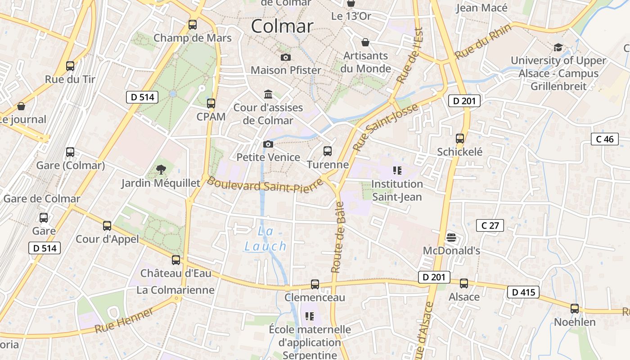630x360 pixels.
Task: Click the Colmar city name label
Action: (282, 26)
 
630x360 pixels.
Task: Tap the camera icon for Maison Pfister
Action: (285, 57)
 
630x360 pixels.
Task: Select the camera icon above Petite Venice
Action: (268, 144)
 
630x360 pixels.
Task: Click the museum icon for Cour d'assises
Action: (268, 94)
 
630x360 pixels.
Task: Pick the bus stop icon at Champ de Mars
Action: (193, 25)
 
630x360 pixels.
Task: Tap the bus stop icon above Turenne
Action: (328, 151)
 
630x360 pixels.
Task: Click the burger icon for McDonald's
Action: (451, 237)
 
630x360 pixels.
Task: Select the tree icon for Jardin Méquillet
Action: (161, 170)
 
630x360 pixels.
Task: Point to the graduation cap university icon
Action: (558, 47)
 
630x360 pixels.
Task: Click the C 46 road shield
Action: (605, 139)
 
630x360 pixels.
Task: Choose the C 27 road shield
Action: (490, 225)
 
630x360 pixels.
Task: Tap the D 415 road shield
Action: (523, 292)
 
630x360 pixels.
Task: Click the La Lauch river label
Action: (265, 239)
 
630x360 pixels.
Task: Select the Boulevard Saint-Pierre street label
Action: (265, 185)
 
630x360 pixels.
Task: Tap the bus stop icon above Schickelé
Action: (459, 139)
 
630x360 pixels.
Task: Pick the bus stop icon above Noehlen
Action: (575, 309)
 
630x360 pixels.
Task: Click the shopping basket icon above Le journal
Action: (21, 106)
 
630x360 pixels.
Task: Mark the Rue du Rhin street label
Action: (483, 41)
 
